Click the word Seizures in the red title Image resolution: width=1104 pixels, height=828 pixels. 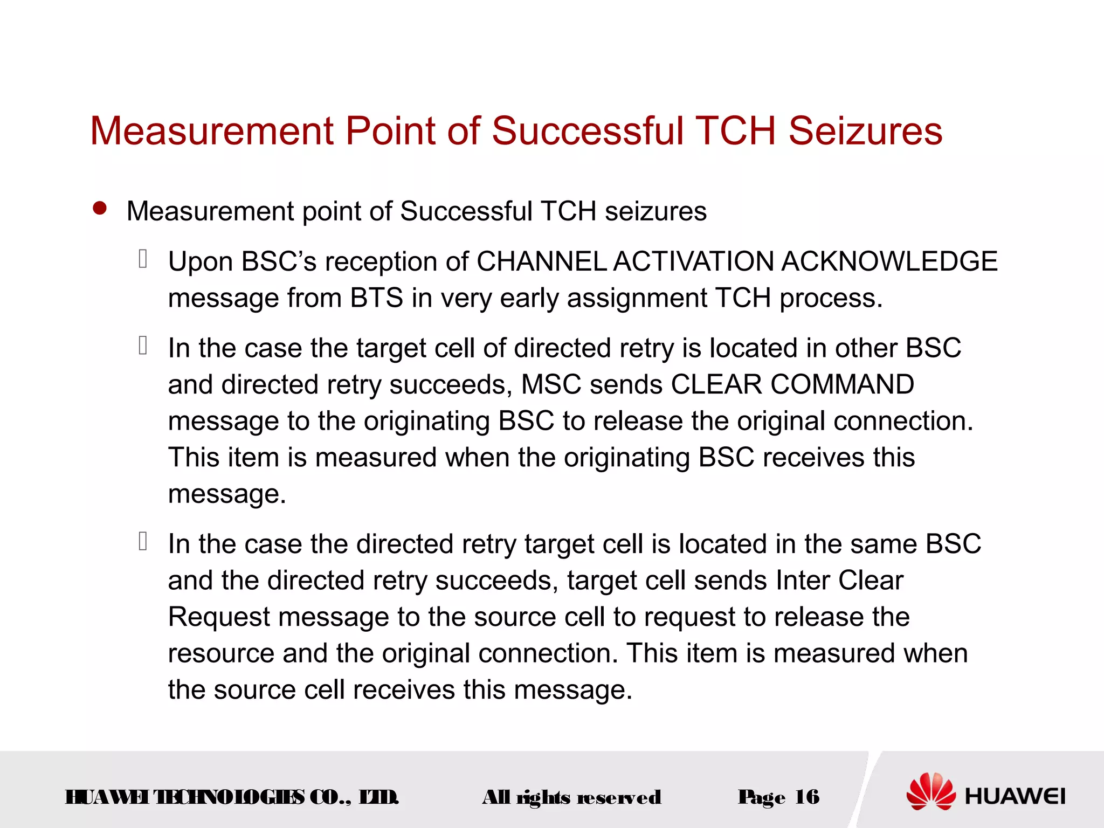coord(865,131)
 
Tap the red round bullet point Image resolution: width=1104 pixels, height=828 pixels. coord(100,209)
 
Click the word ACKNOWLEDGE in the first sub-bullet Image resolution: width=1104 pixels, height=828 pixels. coord(889,261)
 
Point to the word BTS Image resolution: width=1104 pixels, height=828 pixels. coord(376,298)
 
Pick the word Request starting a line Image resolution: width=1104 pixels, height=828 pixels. coord(218,617)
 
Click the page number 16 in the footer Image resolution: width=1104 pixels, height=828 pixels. coord(807,797)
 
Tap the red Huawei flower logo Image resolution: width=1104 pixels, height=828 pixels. coord(930,791)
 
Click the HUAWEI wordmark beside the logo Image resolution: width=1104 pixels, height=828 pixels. coord(1015,796)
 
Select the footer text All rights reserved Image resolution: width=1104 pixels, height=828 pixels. coord(571,797)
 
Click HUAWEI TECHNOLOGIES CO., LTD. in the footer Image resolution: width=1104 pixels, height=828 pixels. coord(232,797)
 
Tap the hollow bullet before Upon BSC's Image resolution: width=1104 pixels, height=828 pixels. coord(143,259)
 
